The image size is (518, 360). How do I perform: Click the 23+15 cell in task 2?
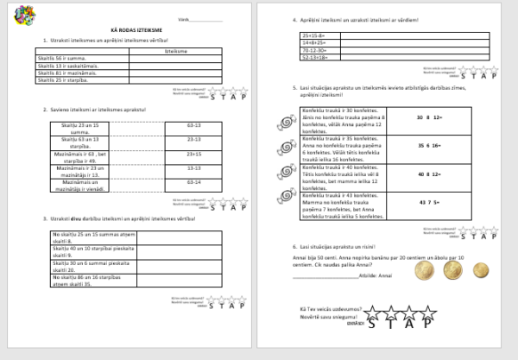click(194, 154)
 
